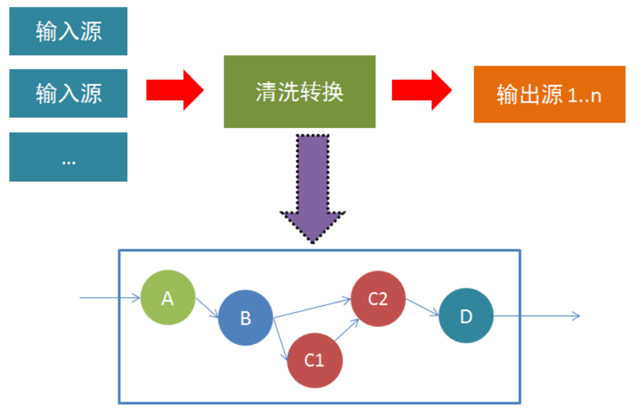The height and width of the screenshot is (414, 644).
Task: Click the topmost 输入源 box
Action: coord(68,31)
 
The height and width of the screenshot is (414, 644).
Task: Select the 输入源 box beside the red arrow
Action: coord(68,93)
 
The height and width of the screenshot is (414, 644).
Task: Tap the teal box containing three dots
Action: coord(68,156)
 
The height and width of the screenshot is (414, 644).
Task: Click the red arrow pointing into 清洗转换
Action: coord(174,90)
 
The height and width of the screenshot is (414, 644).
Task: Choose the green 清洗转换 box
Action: coord(299,92)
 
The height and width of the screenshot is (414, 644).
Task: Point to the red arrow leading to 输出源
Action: coord(421,90)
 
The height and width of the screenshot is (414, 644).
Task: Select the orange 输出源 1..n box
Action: coord(549,94)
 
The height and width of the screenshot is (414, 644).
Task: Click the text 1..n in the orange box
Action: coord(585,96)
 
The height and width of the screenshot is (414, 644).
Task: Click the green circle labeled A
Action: coord(167,298)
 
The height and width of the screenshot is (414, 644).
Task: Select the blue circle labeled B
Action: coord(246,318)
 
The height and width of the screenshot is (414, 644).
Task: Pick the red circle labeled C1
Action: coord(315,360)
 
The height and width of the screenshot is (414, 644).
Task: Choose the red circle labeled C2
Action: coord(378,298)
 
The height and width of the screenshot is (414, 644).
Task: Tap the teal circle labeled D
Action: coord(466,316)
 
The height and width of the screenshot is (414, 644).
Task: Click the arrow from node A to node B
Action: coord(206,307)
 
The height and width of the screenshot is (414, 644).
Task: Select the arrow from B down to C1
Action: coord(282,340)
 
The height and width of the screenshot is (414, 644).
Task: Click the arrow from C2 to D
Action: coord(422,307)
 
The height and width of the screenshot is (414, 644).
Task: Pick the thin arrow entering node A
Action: coord(109,298)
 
